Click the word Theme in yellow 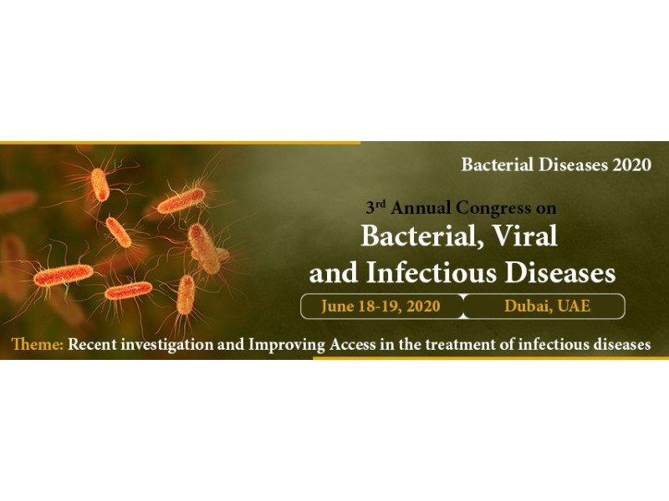[38, 344]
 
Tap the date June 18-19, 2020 [380, 306]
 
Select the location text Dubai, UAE [548, 306]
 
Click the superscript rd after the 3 [381, 203]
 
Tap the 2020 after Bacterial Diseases [632, 164]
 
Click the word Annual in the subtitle [421, 208]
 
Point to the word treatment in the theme [461, 344]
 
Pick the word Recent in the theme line [93, 344]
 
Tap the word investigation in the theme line [166, 345]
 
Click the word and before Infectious [334, 273]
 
